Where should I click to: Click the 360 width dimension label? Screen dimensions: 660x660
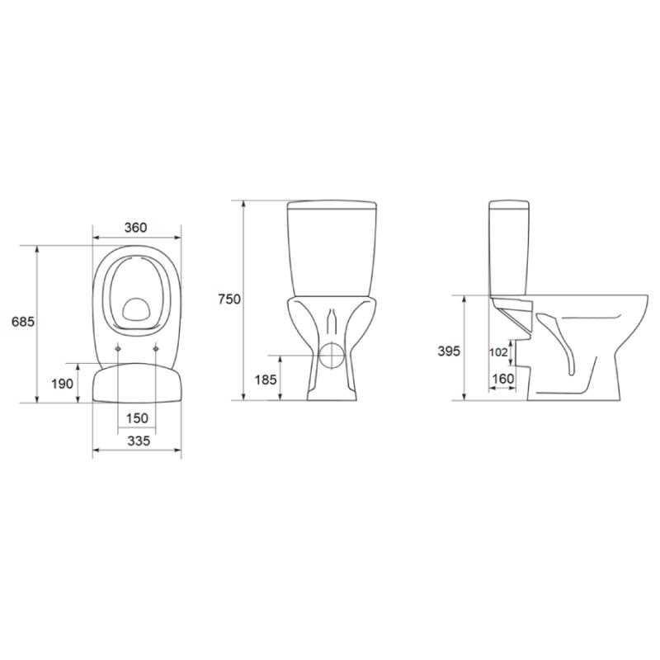135,228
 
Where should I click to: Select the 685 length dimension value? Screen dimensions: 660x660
23,322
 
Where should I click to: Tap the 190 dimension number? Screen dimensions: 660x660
63,384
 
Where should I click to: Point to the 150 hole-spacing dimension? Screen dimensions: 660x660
137,418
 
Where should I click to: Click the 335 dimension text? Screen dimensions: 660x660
139,441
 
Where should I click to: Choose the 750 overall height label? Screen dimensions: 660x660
229,299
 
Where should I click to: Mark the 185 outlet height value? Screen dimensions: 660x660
266,379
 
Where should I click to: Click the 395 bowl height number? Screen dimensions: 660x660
449,351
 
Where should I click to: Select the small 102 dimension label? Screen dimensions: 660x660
498,352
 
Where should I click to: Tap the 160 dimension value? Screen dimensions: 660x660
503,379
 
